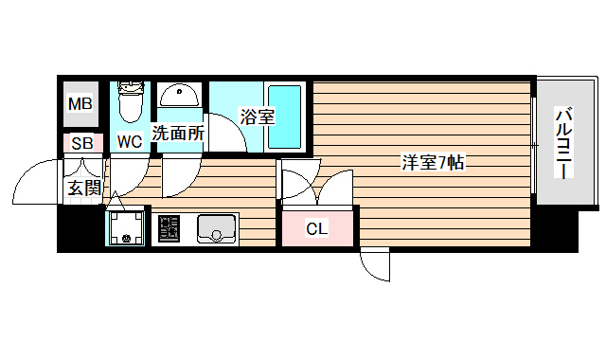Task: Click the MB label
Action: tap(80, 103)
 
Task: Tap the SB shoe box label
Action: tap(81, 145)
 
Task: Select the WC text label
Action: tap(130, 142)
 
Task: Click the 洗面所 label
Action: tap(178, 134)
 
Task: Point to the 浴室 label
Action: tap(257, 117)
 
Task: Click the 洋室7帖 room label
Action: tap(432, 161)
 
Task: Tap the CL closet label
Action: tap(317, 228)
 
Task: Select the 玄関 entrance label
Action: tap(83, 188)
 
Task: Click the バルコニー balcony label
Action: tap(563, 144)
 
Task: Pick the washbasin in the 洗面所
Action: tap(178, 96)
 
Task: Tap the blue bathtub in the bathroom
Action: tap(283, 117)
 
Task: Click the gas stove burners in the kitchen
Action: tap(169, 229)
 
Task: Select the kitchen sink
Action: tap(217, 228)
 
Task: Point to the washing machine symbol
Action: tap(125, 228)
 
